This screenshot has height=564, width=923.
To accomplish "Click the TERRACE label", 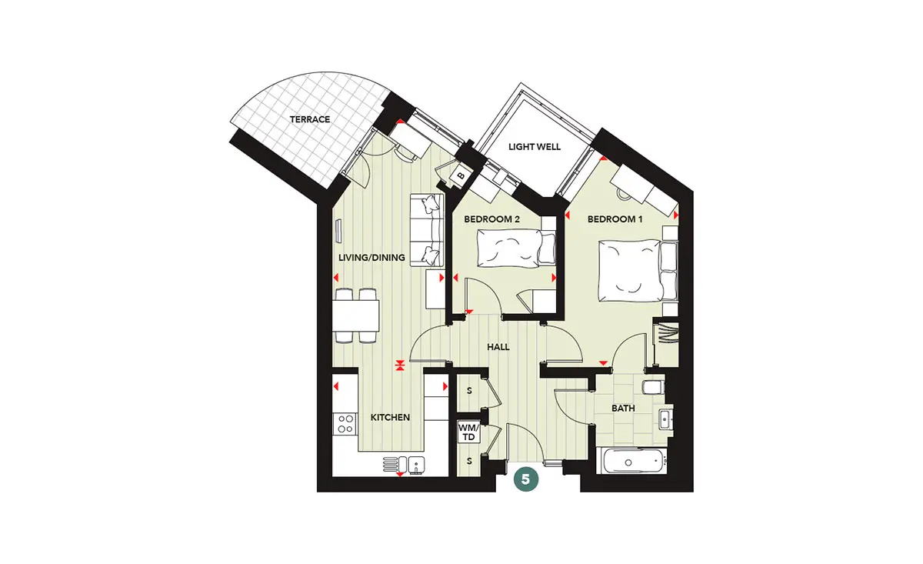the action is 310,119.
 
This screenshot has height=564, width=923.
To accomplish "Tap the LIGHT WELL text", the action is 535,147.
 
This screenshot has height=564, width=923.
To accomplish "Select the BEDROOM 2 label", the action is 491,219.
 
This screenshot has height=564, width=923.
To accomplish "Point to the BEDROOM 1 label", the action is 615,219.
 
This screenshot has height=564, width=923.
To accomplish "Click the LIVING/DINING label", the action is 372,258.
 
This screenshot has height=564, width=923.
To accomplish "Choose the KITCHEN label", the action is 390,418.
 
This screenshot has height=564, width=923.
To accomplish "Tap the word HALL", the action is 498,347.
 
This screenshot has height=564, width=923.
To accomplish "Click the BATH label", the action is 623,409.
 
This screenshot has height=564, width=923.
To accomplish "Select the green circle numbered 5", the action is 526,479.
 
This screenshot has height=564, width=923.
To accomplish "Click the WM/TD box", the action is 469,432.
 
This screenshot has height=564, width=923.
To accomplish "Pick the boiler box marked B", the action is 461,176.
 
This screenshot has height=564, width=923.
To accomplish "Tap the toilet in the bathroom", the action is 653,387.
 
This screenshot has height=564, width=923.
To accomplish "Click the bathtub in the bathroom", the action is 631,462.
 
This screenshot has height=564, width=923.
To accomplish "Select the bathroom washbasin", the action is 665,419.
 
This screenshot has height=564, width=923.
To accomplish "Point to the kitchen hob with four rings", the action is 345,424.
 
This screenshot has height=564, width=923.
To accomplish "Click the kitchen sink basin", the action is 416,465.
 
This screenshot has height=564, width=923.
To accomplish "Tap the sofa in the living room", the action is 427,230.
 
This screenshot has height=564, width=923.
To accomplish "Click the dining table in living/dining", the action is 355,315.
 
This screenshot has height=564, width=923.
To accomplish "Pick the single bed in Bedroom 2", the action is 516,249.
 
